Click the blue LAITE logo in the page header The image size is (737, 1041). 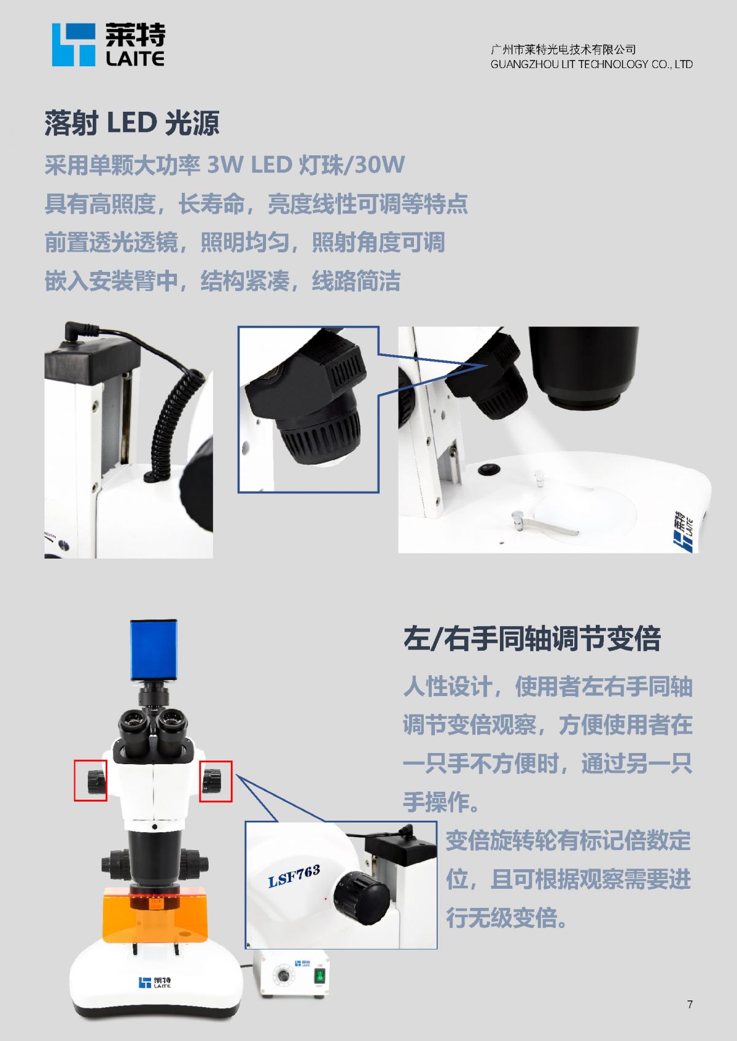108,45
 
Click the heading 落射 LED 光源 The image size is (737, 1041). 131,123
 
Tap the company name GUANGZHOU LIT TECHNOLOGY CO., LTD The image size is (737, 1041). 591,64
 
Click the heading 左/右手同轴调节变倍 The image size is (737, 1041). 532,638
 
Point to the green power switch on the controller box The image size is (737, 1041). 320,975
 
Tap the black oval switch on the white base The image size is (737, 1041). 489,469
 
